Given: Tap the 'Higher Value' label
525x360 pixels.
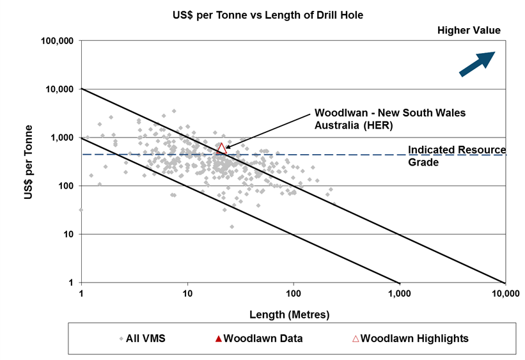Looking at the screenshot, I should tap(469, 30).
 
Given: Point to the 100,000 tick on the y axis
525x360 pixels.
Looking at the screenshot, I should tap(58, 41).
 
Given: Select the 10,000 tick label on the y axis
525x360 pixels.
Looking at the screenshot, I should tap(60, 89).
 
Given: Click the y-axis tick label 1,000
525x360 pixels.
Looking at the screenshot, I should tap(63, 137).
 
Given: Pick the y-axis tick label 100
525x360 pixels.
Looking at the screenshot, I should tap(66, 186).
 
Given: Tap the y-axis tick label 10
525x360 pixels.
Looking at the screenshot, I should tap(68, 234).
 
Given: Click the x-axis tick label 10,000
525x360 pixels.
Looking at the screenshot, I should tap(505, 294).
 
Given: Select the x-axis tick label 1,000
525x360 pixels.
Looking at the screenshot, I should tap(399, 294).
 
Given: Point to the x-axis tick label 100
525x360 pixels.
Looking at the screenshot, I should tap(294, 294).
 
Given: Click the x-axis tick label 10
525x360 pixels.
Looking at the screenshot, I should tap(187, 294).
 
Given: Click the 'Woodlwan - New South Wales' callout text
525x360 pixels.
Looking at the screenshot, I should tap(389, 113).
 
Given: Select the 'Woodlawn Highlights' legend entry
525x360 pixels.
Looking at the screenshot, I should tap(409, 338).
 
